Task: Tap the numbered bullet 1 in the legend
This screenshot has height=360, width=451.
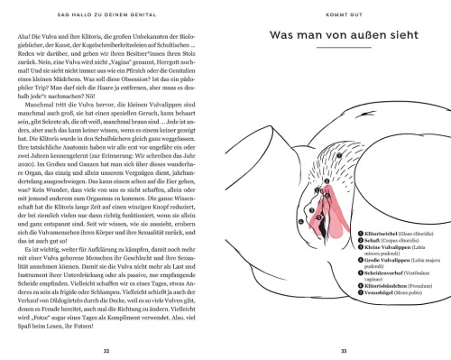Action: click(358, 234)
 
